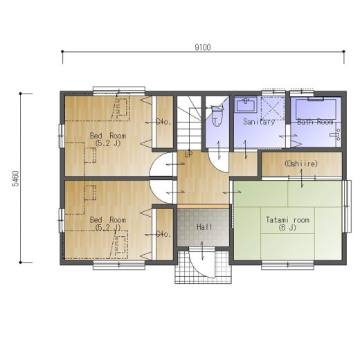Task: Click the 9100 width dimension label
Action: (x=203, y=47)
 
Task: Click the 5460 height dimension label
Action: (x=15, y=179)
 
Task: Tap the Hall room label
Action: (x=204, y=227)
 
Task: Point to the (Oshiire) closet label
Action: (x=301, y=163)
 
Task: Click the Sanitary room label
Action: (x=259, y=121)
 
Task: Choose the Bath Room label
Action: (x=315, y=121)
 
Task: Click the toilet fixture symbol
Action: (x=217, y=116)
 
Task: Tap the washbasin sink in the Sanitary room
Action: (x=246, y=105)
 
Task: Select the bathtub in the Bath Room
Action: (x=316, y=109)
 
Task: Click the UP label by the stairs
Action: (x=188, y=154)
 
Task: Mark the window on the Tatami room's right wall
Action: (x=348, y=206)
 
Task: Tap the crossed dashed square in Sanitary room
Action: (x=273, y=109)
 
